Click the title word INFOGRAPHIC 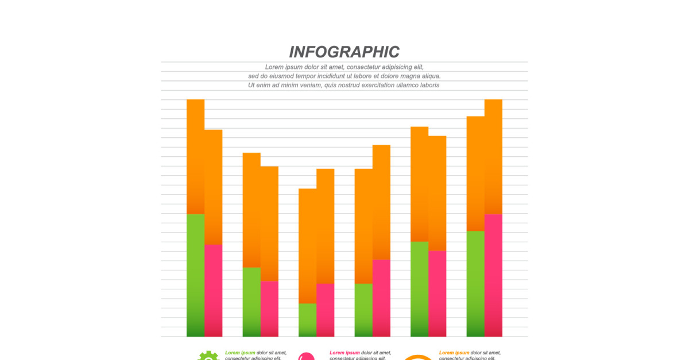(344, 52)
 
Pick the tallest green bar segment (195, 275)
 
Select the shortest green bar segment (307, 320)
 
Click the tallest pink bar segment (493, 275)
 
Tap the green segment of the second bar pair (251, 301)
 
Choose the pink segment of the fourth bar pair (381, 298)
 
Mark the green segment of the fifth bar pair (419, 289)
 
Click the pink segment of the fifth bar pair (437, 293)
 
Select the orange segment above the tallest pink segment (493, 157)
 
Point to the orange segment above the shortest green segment (307, 246)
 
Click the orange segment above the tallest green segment (195, 157)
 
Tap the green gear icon (208, 356)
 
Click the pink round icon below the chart (307, 357)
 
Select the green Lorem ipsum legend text (240, 353)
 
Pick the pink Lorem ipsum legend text (344, 353)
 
